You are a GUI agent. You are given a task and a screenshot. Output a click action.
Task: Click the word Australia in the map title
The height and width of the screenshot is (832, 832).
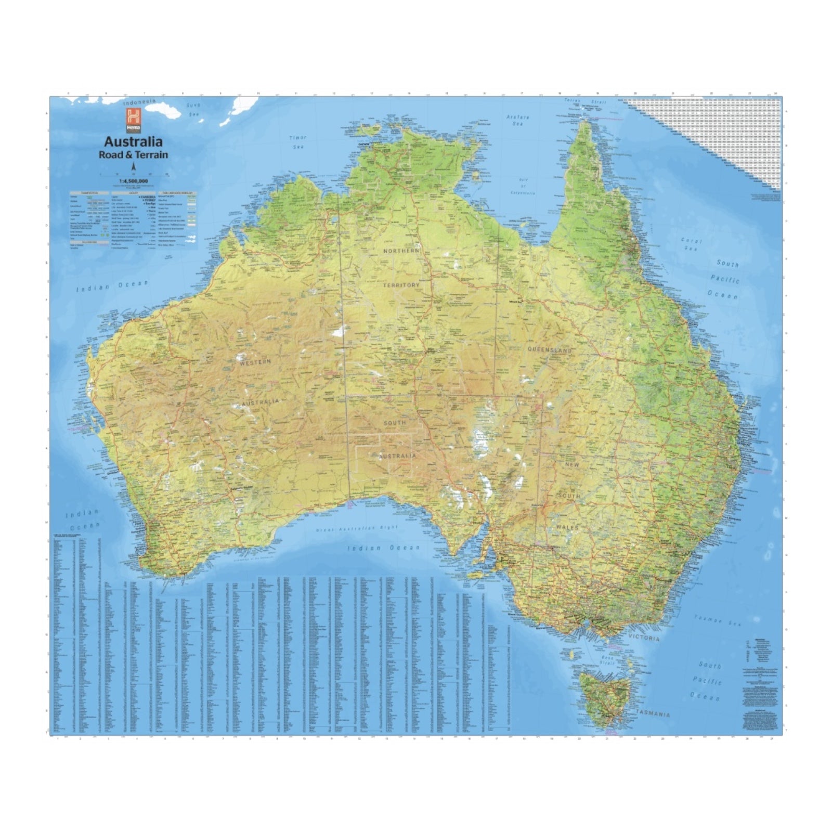click(133, 141)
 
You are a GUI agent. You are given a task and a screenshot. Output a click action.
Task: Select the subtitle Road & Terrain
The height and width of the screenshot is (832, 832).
click(133, 154)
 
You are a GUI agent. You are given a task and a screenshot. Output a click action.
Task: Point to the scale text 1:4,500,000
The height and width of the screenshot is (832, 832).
click(134, 181)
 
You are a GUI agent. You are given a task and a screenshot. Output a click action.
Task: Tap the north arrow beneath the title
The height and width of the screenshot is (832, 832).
click(134, 167)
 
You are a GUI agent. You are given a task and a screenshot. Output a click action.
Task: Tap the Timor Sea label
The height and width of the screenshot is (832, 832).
click(298, 142)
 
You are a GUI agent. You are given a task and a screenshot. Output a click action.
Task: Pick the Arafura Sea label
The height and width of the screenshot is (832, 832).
click(517, 121)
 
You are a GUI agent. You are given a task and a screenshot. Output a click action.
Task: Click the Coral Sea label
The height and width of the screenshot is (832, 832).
click(691, 244)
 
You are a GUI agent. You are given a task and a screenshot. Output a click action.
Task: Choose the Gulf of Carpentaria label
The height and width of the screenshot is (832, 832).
click(523, 186)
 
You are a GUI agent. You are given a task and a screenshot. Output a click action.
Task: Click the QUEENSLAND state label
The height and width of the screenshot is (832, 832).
click(550, 350)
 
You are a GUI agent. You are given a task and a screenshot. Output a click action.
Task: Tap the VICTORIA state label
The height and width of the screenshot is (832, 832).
click(643, 638)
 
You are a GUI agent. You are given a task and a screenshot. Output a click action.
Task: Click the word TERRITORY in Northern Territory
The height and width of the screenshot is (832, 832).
click(401, 285)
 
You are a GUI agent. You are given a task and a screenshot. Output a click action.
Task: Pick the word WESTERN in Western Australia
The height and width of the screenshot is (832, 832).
click(255, 362)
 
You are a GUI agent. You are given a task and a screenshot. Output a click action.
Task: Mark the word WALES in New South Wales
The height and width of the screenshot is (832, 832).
click(565, 527)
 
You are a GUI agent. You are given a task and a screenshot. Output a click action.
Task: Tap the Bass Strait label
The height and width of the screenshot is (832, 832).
click(607, 661)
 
